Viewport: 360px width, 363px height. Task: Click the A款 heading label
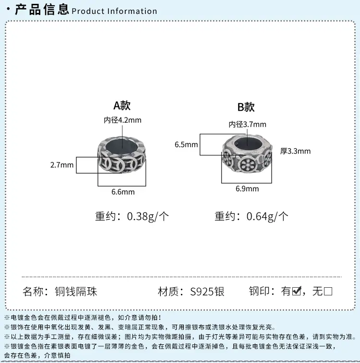[122, 105]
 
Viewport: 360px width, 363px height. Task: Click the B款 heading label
[246, 107]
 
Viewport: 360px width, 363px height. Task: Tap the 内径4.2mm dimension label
[122, 120]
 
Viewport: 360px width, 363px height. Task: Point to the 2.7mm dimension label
[62, 165]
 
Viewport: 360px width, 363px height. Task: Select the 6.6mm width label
[123, 192]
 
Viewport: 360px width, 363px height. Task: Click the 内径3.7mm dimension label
[247, 125]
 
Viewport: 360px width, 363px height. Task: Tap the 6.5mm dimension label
[186, 145]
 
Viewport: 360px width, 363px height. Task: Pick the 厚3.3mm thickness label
[295, 151]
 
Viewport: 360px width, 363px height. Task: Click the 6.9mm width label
[247, 188]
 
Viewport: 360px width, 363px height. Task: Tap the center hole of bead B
[247, 142]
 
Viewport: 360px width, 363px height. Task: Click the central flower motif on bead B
[248, 164]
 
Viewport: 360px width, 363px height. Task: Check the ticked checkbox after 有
[297, 291]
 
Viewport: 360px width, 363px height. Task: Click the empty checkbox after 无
[328, 292]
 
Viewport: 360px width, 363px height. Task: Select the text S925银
[207, 292]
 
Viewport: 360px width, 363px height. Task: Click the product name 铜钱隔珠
[76, 292]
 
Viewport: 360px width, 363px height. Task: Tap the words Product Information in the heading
[114, 11]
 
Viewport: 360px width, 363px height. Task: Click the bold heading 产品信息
[42, 10]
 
